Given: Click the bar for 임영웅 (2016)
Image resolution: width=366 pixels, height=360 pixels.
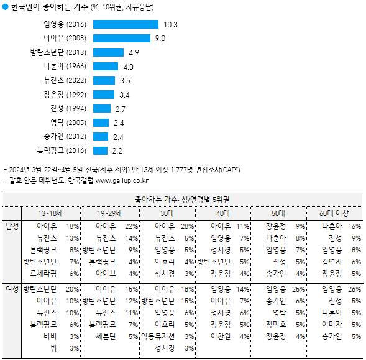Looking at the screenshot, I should pyautogui.click(x=126, y=25).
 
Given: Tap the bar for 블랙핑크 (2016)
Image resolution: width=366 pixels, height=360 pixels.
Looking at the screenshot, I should pyautogui.click(x=101, y=150).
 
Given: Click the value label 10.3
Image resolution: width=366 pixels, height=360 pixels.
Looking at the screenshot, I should pyautogui.click(x=171, y=25).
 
